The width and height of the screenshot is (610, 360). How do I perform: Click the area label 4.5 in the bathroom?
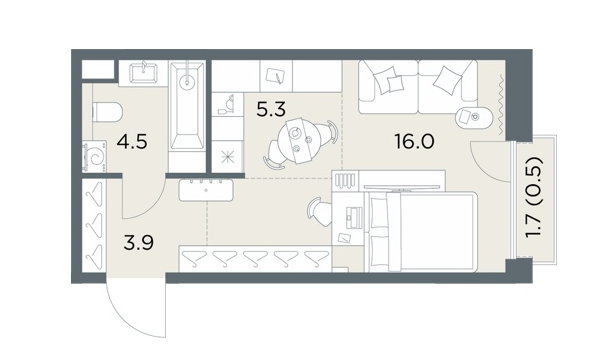point(132,142)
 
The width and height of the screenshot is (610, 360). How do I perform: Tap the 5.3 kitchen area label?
point(271,110)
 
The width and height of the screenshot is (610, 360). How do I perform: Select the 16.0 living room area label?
point(414,142)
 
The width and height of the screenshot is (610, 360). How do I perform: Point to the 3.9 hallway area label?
point(138,243)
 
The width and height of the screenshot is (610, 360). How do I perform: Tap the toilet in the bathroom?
point(107,112)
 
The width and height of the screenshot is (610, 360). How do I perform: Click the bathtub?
point(188,106)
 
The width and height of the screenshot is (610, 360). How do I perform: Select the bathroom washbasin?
point(143,72)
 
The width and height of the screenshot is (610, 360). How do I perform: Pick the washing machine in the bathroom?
point(95,157)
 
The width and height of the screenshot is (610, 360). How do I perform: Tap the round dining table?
point(300,141)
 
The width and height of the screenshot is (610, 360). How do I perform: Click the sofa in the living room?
point(418,87)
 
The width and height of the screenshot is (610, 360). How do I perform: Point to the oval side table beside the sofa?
point(474,116)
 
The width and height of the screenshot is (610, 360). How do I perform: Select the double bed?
point(421,232)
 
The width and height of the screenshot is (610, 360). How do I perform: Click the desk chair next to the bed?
point(320,212)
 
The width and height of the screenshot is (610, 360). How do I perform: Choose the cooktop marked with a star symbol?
point(227,157)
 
